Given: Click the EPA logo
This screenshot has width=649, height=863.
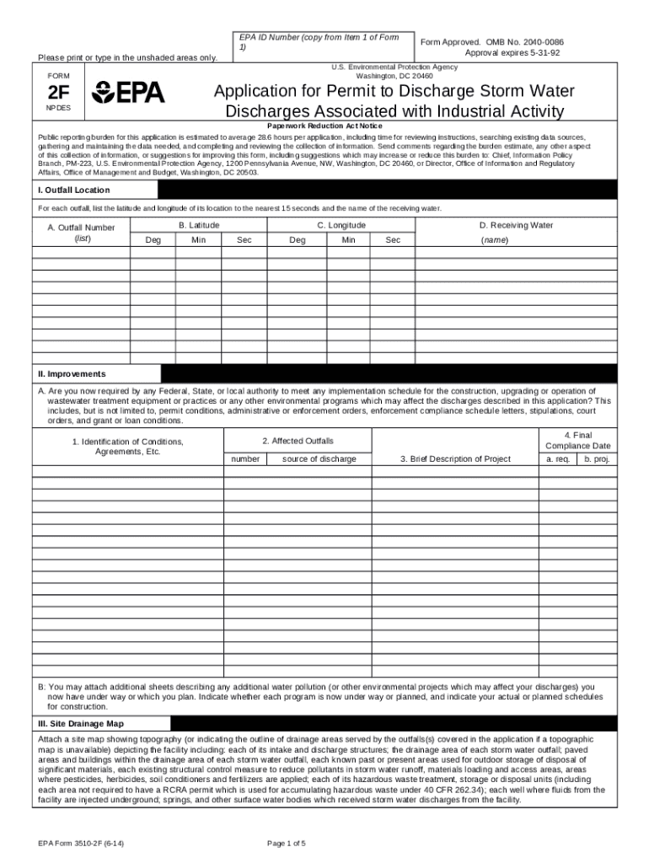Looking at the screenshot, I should (x=128, y=94).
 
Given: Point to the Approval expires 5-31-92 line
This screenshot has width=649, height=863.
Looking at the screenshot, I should (x=511, y=52).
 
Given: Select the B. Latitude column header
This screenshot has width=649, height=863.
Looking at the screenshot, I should (x=199, y=225).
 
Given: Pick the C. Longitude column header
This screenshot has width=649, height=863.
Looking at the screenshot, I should (x=341, y=225).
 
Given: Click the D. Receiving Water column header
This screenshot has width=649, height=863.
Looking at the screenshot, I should (x=516, y=225).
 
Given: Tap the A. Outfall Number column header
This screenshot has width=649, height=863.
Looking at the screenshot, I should (x=81, y=233).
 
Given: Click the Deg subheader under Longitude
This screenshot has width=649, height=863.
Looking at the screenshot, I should (x=298, y=240).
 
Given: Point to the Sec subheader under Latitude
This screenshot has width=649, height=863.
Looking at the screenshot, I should (x=244, y=240).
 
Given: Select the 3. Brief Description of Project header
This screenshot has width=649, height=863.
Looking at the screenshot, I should (x=455, y=459).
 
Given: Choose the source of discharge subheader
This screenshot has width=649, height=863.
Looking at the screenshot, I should (x=319, y=459).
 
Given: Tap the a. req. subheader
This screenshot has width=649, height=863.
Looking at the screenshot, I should (x=558, y=459).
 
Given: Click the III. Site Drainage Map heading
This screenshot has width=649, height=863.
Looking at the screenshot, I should (x=79, y=723).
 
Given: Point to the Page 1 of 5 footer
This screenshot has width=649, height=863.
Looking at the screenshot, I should (x=287, y=843).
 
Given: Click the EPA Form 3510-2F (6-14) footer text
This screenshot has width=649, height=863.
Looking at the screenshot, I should (x=83, y=843).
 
